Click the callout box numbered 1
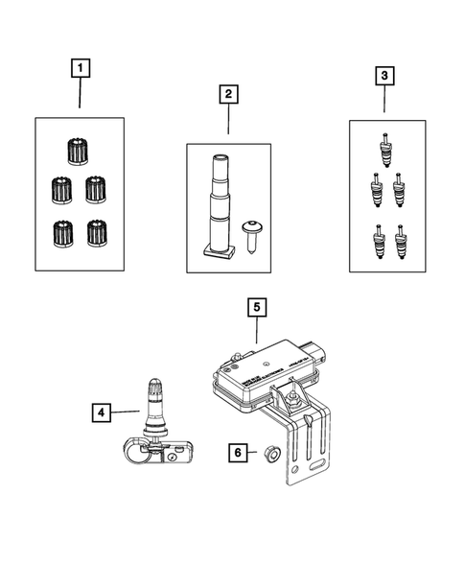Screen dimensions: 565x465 click(81, 68)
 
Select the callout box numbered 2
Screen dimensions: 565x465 click(228, 94)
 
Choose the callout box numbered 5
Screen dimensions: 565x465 click(257, 308)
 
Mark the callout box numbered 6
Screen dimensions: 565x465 click(235, 451)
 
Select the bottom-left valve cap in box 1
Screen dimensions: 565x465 click(63, 232)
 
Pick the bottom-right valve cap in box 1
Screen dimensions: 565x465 click(97, 232)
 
